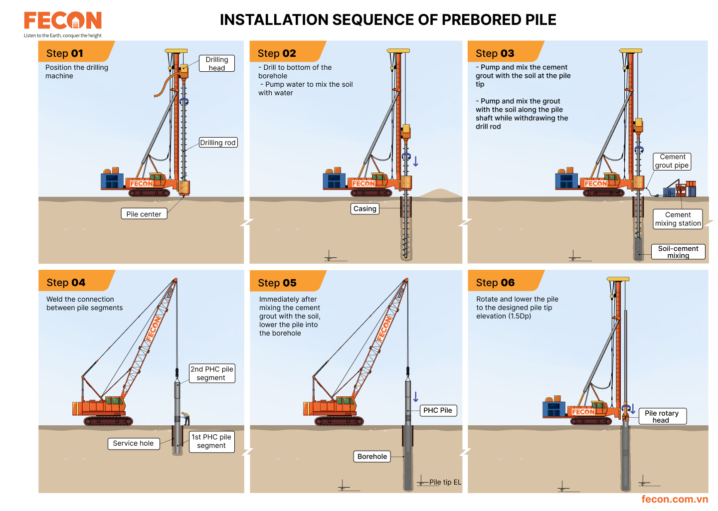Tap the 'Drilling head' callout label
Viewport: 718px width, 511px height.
pyautogui.click(x=217, y=63)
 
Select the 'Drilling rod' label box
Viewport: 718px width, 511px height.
pyautogui.click(x=218, y=143)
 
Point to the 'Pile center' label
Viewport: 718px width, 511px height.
pyautogui.click(x=144, y=214)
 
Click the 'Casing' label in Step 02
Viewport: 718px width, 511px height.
pyautogui.click(x=365, y=208)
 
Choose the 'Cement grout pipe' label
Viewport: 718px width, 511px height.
pyautogui.click(x=672, y=161)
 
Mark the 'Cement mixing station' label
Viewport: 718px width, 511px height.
pyautogui.click(x=678, y=219)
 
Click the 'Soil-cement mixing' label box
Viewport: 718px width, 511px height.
pyautogui.click(x=678, y=252)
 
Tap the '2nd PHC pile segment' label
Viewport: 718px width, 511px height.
pyautogui.click(x=212, y=373)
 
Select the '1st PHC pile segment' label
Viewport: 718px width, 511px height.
pyautogui.click(x=211, y=441)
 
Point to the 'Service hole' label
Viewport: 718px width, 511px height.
pyautogui.click(x=134, y=443)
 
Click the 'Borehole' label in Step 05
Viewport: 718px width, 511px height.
pyautogui.click(x=372, y=456)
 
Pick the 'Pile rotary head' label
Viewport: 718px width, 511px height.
pyautogui.click(x=662, y=416)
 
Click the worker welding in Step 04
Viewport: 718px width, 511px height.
pyautogui.click(x=185, y=418)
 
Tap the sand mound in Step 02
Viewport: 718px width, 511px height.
pyautogui.click(x=440, y=193)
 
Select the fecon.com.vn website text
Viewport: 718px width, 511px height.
pyautogui.click(x=675, y=499)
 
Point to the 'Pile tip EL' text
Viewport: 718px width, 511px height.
pyautogui.click(x=445, y=482)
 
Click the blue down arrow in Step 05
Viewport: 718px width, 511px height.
pyautogui.click(x=416, y=396)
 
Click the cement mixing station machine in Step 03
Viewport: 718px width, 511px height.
pyautogui.click(x=680, y=189)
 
